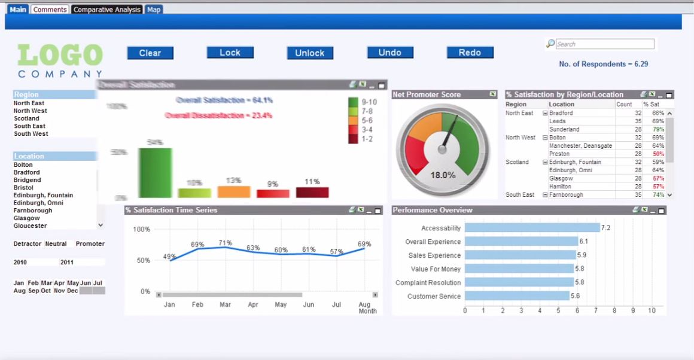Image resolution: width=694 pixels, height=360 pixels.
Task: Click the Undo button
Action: click(x=389, y=53)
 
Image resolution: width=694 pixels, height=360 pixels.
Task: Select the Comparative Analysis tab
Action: click(x=106, y=10)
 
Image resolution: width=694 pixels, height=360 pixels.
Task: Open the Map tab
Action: click(x=154, y=10)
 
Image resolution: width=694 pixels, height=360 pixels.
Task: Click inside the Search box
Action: click(x=604, y=44)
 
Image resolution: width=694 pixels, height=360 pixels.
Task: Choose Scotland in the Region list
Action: click(x=26, y=118)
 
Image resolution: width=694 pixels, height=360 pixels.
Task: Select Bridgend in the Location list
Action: click(x=27, y=180)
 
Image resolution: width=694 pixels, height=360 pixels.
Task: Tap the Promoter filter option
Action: click(x=90, y=244)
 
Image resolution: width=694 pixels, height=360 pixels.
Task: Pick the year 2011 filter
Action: click(x=67, y=263)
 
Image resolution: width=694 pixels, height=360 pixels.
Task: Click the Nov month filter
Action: click(x=59, y=291)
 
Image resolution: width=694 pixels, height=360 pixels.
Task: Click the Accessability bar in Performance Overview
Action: click(x=531, y=228)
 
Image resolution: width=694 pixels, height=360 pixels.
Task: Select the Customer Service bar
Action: click(x=517, y=296)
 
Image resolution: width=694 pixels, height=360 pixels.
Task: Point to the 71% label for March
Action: click(x=225, y=243)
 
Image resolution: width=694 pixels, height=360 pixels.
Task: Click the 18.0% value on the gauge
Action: click(x=443, y=175)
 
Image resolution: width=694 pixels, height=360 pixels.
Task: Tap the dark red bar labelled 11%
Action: click(x=312, y=192)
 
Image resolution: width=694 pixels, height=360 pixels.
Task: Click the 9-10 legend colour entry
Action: click(x=353, y=102)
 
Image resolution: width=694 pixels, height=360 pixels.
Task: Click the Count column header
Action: click(x=624, y=104)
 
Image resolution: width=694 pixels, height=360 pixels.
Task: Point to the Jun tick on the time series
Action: click(x=308, y=305)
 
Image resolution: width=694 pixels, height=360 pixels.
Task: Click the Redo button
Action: click(x=470, y=53)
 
